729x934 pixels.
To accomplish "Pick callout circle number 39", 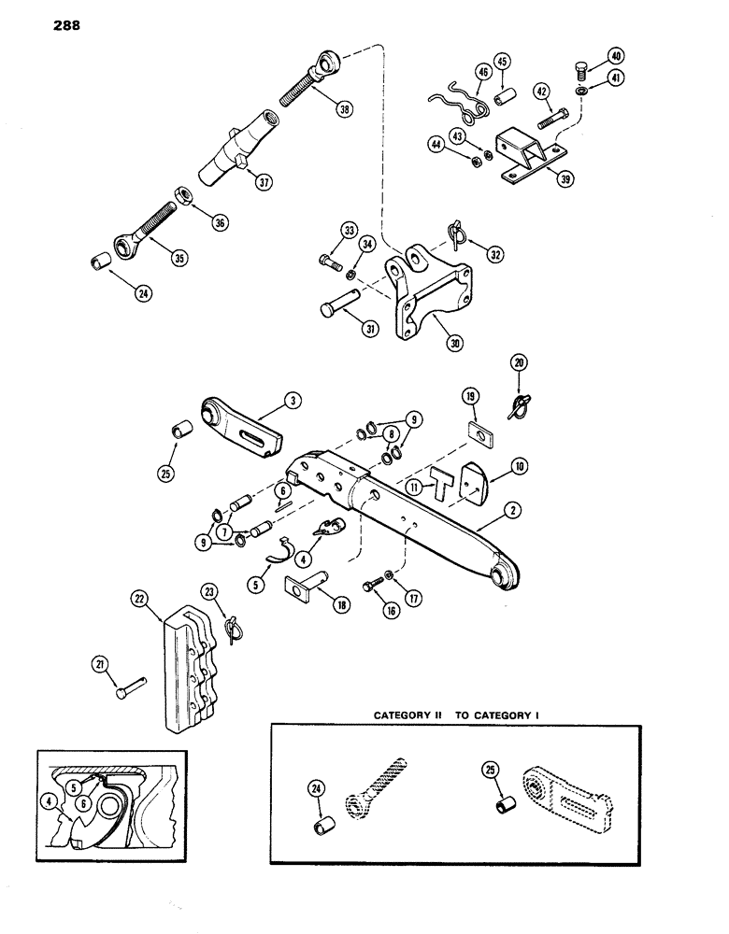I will pyautogui.click(x=564, y=179).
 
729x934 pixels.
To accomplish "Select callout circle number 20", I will pyautogui.click(x=518, y=361).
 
